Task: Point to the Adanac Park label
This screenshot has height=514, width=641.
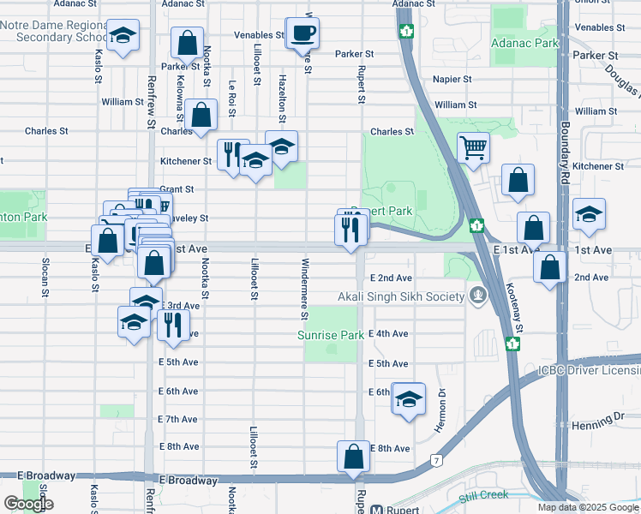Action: [x=524, y=40]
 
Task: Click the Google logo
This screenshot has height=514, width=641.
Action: [x=27, y=504]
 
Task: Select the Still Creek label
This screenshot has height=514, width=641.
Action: [x=483, y=494]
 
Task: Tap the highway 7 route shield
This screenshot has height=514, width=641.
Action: [x=436, y=461]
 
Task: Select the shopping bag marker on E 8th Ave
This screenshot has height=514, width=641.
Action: [x=353, y=457]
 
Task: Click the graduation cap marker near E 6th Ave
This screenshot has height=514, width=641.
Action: [x=409, y=399]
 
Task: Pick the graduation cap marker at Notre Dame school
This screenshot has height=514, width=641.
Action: [x=123, y=36]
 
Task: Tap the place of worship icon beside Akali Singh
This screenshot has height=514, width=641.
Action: [x=477, y=297]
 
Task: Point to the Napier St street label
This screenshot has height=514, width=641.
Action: [x=452, y=79]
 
